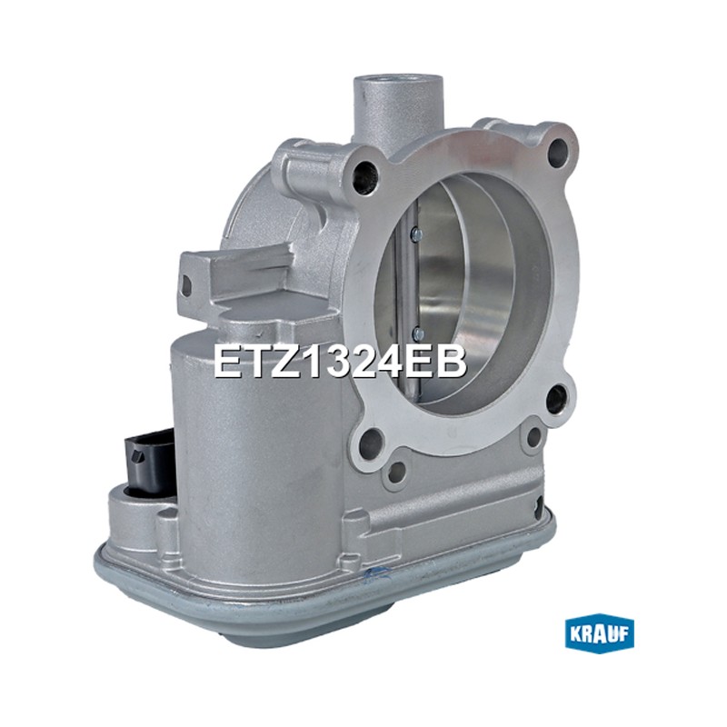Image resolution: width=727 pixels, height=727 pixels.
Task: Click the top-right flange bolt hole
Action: click(558, 151)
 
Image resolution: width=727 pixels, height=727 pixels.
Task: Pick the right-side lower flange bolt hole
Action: click(556, 398)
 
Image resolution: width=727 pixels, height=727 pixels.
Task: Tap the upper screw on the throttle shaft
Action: click(416, 234)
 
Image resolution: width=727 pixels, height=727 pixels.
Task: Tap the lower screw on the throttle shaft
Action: click(419, 333)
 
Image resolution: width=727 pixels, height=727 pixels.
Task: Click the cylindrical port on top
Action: click(398, 105)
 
